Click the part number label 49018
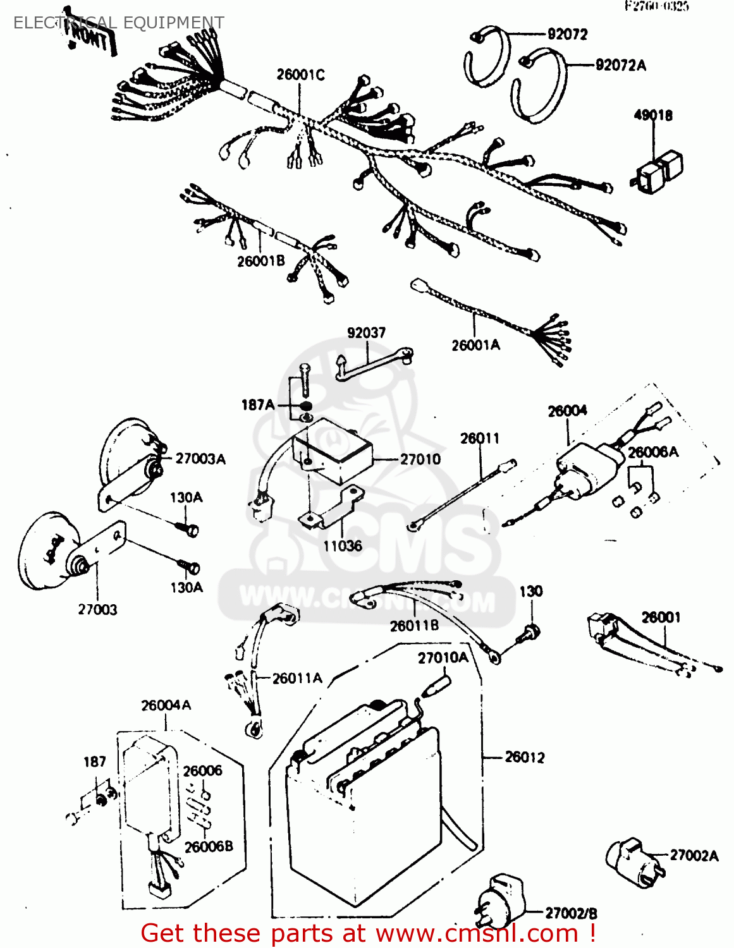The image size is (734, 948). tap(653, 115)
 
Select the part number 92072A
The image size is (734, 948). tap(620, 65)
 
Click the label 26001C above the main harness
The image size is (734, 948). tap(300, 75)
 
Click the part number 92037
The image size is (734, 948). tap(366, 332)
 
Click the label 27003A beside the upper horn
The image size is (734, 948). tap(200, 459)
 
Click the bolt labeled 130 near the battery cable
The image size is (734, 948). tap(530, 633)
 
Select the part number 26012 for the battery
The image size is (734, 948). tap(524, 757)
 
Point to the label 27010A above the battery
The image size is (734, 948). tap(443, 658)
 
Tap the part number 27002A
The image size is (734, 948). tap(694, 856)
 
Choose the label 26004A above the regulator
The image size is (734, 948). tap(166, 705)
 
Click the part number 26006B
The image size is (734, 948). tap(209, 846)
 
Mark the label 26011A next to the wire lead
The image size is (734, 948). tap(297, 678)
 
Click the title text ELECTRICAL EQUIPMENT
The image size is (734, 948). tap(118, 23)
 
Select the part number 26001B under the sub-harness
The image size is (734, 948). tap(260, 260)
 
